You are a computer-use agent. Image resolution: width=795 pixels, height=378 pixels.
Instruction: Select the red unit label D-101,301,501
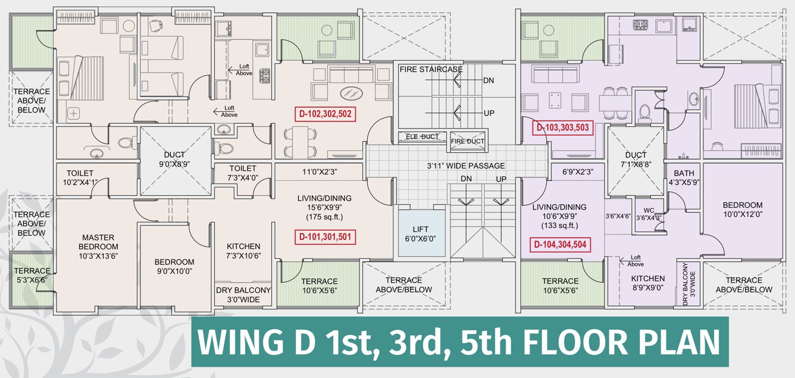pos(325,238)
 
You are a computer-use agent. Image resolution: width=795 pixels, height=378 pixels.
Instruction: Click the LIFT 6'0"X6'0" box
pos(421,233)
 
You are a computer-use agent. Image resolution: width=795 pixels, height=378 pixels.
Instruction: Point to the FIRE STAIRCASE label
pos(431,70)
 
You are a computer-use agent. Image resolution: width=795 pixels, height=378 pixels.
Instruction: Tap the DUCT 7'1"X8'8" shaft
pos(635,158)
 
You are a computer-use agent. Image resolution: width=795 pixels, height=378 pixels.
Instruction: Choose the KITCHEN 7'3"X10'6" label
pos(243,251)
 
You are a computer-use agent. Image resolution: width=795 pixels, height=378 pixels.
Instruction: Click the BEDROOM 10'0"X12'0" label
pos(743,209)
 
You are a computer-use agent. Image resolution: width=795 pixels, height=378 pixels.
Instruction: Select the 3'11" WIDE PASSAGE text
pos(467,166)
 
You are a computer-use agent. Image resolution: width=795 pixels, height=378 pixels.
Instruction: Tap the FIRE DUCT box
pos(468,141)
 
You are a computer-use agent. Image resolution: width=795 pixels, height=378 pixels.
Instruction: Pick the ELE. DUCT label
pos(422,137)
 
